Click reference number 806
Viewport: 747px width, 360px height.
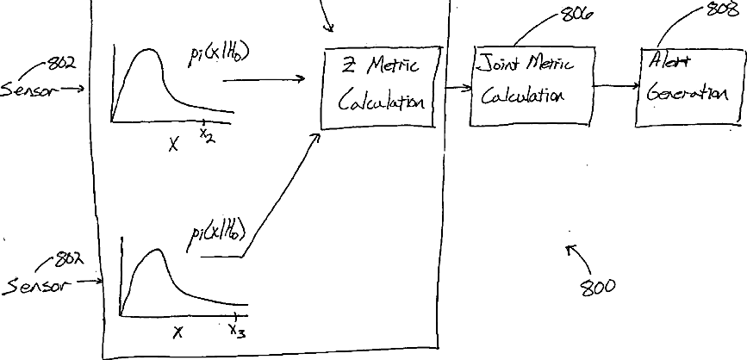(x=578, y=14)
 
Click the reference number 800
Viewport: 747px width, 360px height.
(x=598, y=287)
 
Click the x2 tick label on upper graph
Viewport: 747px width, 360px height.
(x=205, y=133)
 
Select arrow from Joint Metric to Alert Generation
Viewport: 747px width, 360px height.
(x=615, y=85)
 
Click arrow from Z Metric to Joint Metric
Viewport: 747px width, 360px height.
(x=458, y=88)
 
